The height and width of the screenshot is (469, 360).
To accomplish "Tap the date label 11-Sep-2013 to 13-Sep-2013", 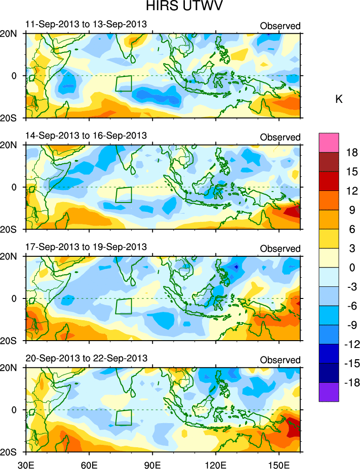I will point(86,24).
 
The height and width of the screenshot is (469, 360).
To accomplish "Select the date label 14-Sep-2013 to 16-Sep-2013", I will point(86,136).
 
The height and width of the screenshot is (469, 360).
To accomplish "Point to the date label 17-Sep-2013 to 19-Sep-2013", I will point(86,247).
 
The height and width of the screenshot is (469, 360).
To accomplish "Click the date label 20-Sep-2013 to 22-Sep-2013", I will point(86,358).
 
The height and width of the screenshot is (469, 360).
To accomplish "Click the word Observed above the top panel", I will point(280,26).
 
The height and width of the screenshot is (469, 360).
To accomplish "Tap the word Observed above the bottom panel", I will point(280,360).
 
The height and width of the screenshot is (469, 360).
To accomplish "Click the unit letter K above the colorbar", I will point(339,99).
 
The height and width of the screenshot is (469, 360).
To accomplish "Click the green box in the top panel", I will point(123,83).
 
